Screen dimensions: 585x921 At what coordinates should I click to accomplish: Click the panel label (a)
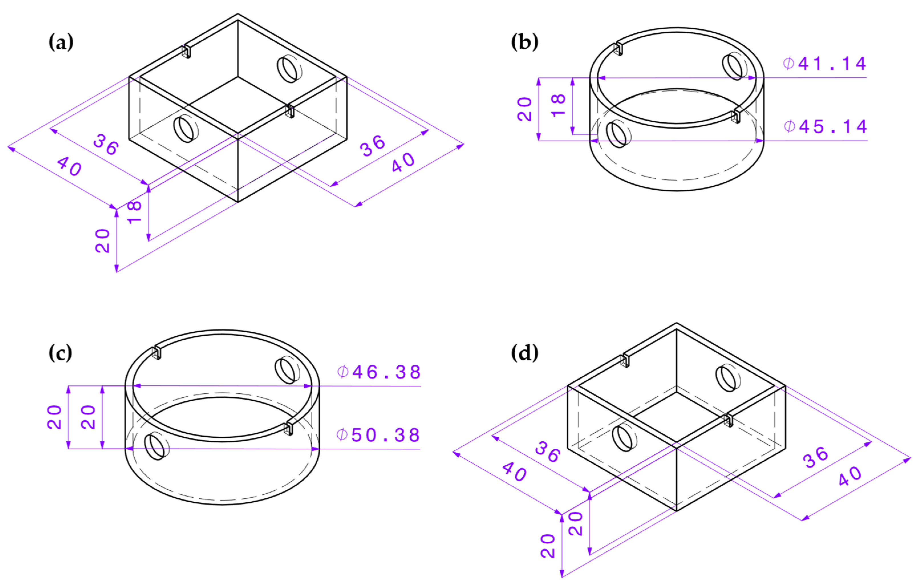61,42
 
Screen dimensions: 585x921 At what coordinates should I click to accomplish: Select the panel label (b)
524,42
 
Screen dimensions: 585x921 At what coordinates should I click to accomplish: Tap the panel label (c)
60,353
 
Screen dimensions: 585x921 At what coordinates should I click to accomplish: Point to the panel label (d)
524,353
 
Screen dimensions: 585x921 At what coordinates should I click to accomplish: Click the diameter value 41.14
824,64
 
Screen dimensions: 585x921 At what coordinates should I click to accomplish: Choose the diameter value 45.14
825,127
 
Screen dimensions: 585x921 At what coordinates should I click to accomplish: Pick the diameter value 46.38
379,372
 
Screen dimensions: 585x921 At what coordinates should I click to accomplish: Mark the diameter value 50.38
378,435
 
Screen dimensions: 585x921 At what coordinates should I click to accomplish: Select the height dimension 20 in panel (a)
102,241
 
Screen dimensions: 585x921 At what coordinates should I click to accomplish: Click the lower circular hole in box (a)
186,129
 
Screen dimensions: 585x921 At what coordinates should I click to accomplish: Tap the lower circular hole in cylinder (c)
157,446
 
